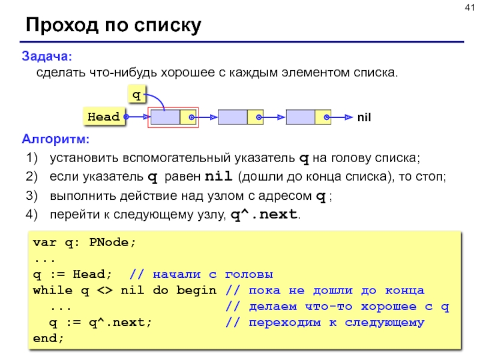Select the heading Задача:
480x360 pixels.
click(x=47, y=56)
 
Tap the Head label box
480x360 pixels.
click(x=104, y=117)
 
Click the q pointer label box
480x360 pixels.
click(x=136, y=95)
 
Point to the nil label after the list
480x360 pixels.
click(x=364, y=118)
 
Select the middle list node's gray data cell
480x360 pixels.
click(x=233, y=117)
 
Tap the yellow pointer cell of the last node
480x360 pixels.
click(x=323, y=117)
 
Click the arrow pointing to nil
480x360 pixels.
click(x=342, y=117)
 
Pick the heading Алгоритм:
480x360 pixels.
click(x=55, y=140)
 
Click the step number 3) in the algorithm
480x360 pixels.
click(x=32, y=196)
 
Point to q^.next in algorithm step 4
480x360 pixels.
click(x=264, y=214)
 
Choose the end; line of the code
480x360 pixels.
click(x=48, y=338)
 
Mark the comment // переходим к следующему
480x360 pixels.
click(x=325, y=323)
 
